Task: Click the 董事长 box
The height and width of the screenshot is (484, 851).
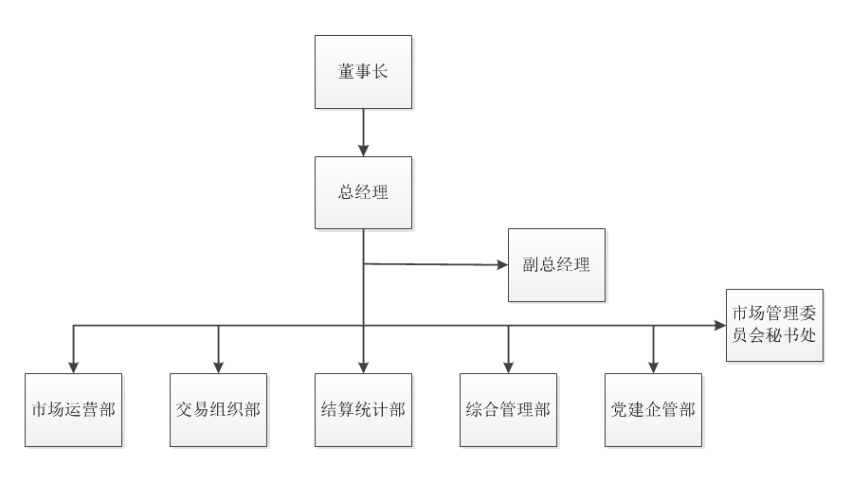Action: tap(363, 72)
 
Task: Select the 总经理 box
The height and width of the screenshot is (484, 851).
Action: tap(363, 192)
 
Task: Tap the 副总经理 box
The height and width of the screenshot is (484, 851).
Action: tap(556, 265)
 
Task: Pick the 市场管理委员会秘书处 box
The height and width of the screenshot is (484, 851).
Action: tap(774, 325)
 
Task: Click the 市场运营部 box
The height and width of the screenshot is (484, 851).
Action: tap(74, 410)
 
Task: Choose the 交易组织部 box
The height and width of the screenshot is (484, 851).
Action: tap(218, 410)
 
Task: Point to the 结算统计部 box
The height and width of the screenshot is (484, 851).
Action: tap(363, 410)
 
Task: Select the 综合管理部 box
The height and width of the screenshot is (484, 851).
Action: tap(508, 410)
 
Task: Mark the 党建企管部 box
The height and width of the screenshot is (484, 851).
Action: tap(653, 410)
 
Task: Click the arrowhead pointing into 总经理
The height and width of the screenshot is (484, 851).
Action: tap(363, 150)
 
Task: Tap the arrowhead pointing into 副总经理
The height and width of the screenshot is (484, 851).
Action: tap(502, 265)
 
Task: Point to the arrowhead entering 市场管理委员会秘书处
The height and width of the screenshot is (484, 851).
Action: tap(720, 326)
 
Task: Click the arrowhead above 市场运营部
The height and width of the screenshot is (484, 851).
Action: tap(74, 367)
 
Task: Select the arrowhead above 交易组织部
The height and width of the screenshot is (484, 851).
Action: tap(218, 367)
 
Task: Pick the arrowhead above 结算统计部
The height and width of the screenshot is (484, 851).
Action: tap(363, 367)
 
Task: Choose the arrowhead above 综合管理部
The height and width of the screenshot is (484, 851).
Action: tap(508, 367)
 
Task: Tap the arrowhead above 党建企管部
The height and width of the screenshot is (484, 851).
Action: tap(653, 367)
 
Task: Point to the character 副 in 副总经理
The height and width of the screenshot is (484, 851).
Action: tap(531, 265)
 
